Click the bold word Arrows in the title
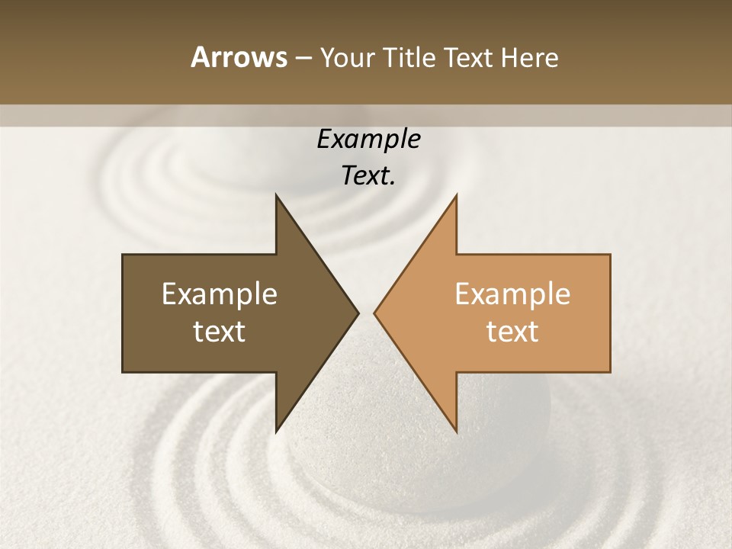[239, 57]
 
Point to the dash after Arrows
[303, 59]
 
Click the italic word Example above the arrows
[368, 139]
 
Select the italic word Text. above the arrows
[368, 175]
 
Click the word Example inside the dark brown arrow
[220, 294]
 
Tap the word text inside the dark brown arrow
[220, 332]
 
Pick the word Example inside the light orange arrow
[512, 294]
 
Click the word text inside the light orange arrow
[512, 332]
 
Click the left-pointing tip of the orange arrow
[377, 313]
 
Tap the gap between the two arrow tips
[366, 313]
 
